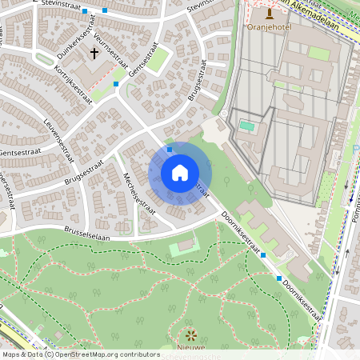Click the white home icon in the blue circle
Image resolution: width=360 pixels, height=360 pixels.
point(180,173)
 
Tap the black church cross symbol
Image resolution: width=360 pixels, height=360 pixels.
point(94,54)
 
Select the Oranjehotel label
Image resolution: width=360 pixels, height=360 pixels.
point(268,26)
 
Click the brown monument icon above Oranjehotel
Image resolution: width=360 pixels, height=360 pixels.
point(269,13)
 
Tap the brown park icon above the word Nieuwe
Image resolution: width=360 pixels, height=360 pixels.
point(190,334)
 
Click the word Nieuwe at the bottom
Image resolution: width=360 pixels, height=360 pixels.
point(190,348)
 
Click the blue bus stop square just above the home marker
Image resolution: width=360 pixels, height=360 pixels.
point(169,149)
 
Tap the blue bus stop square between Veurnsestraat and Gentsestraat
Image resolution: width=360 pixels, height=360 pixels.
point(116,83)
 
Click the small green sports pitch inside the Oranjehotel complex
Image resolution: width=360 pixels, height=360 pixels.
point(247,126)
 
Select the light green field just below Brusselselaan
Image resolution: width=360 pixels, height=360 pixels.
point(185,247)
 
